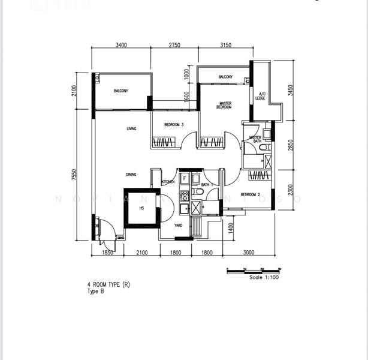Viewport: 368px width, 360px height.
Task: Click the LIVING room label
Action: (x=131, y=129)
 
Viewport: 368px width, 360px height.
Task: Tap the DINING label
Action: (x=131, y=175)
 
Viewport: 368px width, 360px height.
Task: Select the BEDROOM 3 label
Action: (x=174, y=125)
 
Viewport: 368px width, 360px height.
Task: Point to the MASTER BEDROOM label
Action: (x=225, y=105)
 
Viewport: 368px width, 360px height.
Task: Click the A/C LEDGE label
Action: (x=262, y=96)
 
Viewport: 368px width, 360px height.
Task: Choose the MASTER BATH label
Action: (x=255, y=140)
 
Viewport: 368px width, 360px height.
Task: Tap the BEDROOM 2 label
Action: (x=250, y=194)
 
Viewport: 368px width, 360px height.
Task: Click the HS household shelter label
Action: (x=141, y=208)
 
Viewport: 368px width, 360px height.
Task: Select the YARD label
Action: (x=178, y=226)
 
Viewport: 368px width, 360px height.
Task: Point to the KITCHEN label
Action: (x=168, y=182)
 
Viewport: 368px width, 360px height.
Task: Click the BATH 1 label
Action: (x=208, y=185)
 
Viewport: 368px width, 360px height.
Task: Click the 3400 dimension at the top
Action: (x=120, y=45)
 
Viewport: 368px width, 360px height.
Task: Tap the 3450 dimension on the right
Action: (x=291, y=90)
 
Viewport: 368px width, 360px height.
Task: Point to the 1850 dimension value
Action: (x=107, y=253)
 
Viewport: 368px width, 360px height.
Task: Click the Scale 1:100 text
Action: (x=264, y=277)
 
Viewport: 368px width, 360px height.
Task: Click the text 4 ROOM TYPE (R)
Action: (x=108, y=285)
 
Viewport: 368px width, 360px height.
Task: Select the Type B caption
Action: (x=96, y=291)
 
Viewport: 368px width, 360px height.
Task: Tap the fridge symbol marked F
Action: (x=185, y=178)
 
